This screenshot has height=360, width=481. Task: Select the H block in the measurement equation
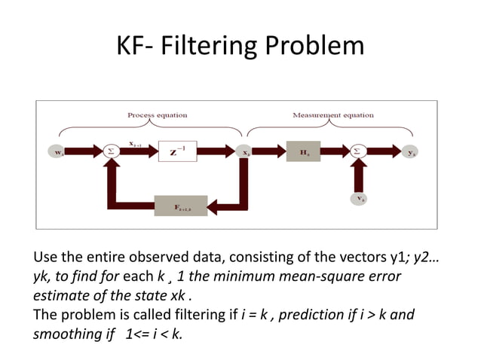pos(304,151)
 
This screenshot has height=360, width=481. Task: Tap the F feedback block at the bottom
pos(181,205)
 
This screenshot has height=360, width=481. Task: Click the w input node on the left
pos(58,151)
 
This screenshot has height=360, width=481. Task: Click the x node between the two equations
pos(246,151)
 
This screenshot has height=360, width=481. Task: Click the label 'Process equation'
pos(157,115)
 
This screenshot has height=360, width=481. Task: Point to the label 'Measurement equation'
pos(332,115)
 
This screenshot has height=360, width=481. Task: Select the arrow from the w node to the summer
pos(87,151)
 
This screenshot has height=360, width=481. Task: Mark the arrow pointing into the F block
pos(226,205)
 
